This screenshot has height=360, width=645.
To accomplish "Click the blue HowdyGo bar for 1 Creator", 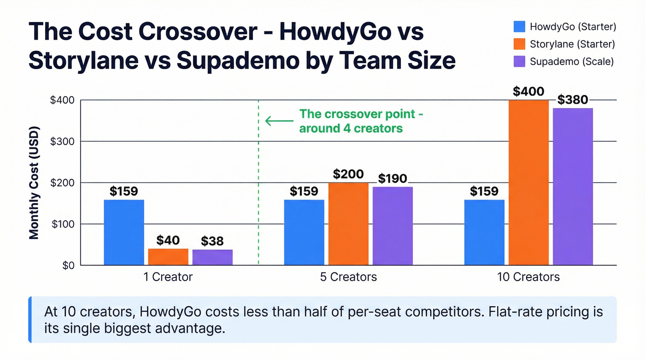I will point(124,232).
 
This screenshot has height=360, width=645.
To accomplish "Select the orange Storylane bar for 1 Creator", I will point(168,257).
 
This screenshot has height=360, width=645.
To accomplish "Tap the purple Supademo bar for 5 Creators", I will point(393,226).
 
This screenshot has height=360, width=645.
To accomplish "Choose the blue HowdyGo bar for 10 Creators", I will point(484,232).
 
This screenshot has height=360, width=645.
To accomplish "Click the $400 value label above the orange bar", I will point(528,91).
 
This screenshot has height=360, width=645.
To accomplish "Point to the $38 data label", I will point(212,241).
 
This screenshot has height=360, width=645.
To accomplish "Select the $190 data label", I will point(393,178).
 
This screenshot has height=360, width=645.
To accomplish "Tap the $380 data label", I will point(573,100).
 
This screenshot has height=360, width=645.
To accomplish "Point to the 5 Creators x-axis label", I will point(348,277).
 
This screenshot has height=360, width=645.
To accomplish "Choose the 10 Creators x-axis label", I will point(528,277).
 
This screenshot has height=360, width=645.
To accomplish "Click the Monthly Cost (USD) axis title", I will point(34,183).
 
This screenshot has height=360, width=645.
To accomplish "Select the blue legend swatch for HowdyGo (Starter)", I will point(520,27).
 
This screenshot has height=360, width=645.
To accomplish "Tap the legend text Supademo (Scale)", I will point(572,61).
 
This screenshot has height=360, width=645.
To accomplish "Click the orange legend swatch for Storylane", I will point(520,44).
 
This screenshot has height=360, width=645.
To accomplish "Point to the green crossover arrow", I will point(279,121).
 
